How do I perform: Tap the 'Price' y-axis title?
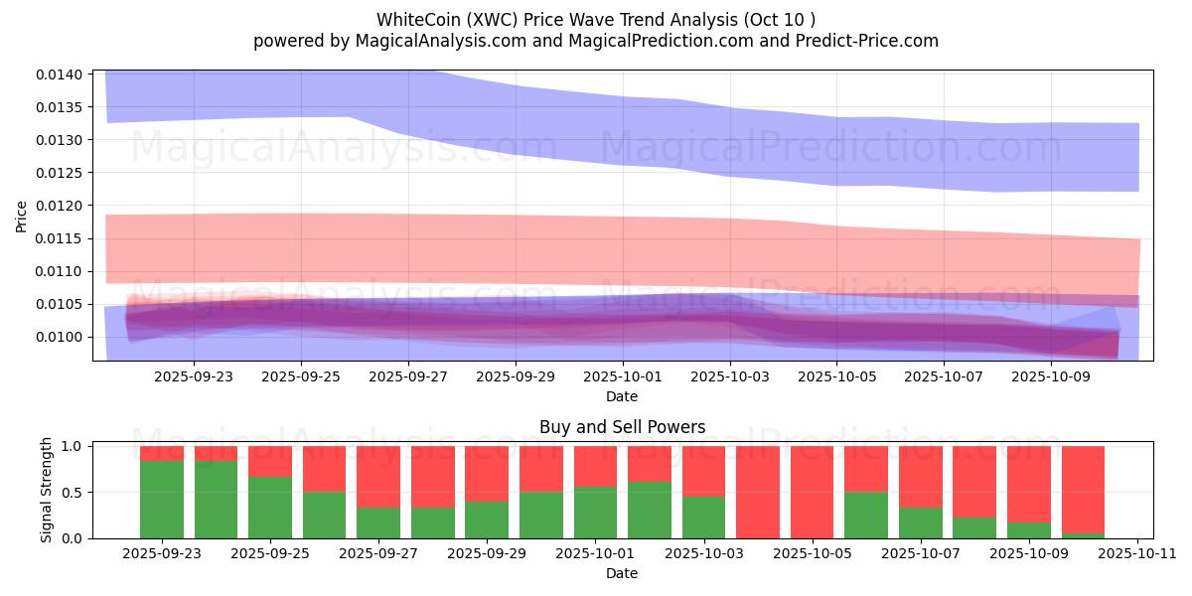click(x=22, y=216)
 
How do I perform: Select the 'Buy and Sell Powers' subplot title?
click(x=622, y=428)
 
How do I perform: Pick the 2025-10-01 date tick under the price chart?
click(x=622, y=377)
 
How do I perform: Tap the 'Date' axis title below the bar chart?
click(x=622, y=573)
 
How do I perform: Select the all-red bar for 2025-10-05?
click(x=812, y=492)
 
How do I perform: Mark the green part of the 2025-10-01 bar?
click(x=595, y=513)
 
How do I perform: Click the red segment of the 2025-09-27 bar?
click(x=378, y=477)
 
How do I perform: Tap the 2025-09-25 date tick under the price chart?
click(x=301, y=377)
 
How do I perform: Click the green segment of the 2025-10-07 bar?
click(x=920, y=523)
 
